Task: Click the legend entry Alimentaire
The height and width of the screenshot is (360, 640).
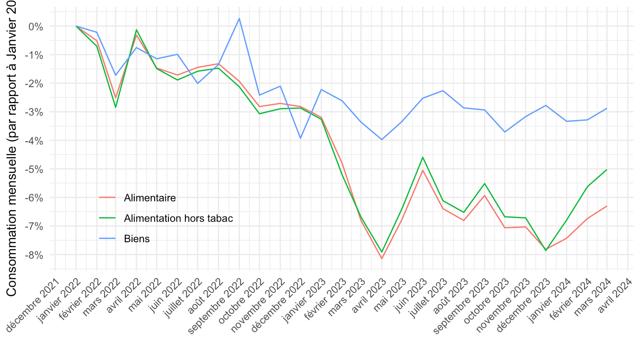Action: (x=150, y=198)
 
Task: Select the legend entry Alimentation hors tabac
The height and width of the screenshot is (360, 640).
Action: (x=178, y=218)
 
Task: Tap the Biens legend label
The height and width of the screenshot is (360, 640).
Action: (x=137, y=239)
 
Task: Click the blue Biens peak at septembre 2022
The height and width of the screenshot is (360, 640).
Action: (x=239, y=19)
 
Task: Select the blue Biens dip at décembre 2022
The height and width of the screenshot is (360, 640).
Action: (x=300, y=138)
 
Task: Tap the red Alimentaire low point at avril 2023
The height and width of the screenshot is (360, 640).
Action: (x=382, y=259)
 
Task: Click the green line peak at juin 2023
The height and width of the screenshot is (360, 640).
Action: (x=423, y=157)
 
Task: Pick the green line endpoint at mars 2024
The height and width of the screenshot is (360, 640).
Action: (x=607, y=169)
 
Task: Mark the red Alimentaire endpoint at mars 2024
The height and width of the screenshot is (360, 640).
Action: (x=607, y=206)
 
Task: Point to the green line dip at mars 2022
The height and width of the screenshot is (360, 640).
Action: (x=116, y=107)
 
